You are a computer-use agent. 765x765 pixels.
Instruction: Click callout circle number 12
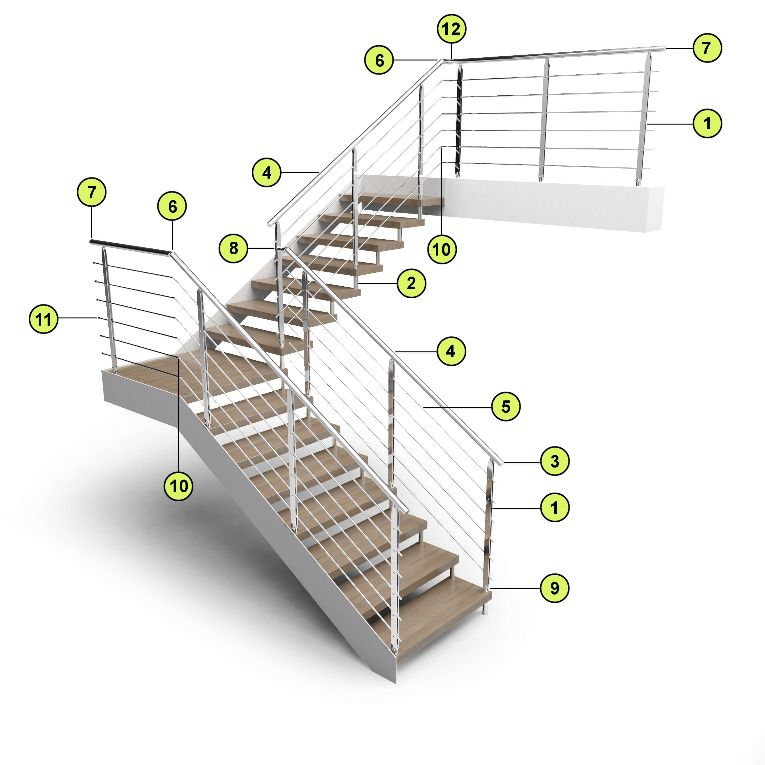(x=451, y=29)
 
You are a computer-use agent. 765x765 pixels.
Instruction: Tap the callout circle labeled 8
(x=234, y=248)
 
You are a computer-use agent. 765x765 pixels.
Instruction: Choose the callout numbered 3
(x=555, y=461)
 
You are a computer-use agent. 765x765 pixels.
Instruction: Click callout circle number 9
(x=555, y=588)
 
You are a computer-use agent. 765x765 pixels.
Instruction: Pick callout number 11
(x=44, y=319)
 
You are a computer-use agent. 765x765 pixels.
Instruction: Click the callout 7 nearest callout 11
(x=92, y=192)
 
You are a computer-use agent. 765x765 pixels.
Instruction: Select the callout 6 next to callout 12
(x=379, y=60)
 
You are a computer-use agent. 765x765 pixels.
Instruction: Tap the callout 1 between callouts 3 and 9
(x=555, y=507)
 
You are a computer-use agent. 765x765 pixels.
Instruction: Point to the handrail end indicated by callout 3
(x=501, y=463)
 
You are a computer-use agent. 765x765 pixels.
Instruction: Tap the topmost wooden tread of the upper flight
(x=392, y=200)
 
